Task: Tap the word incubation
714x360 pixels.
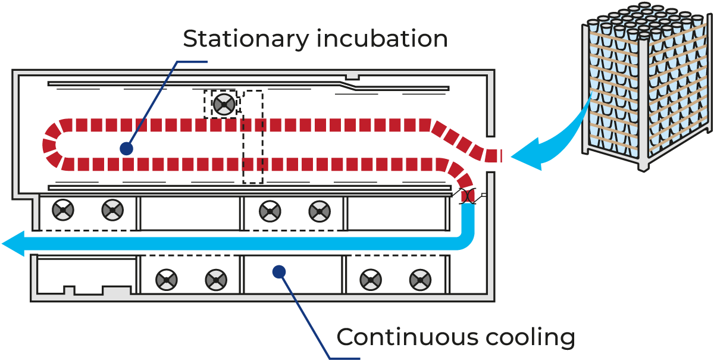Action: coord(382,39)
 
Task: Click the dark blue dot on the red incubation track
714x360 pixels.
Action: coord(126,148)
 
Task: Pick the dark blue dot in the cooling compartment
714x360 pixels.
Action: coord(278,271)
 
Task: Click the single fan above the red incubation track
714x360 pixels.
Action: coord(224,105)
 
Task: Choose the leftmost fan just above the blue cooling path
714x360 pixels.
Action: coord(62,209)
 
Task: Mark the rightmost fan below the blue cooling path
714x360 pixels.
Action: coord(420,278)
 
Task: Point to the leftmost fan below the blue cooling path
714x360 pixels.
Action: coord(166,278)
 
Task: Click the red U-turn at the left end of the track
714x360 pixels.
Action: coord(52,145)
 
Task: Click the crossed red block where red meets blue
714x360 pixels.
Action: coord(468,195)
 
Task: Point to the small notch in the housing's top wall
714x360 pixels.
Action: coord(352,76)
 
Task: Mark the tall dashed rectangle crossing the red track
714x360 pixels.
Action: coord(252,137)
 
